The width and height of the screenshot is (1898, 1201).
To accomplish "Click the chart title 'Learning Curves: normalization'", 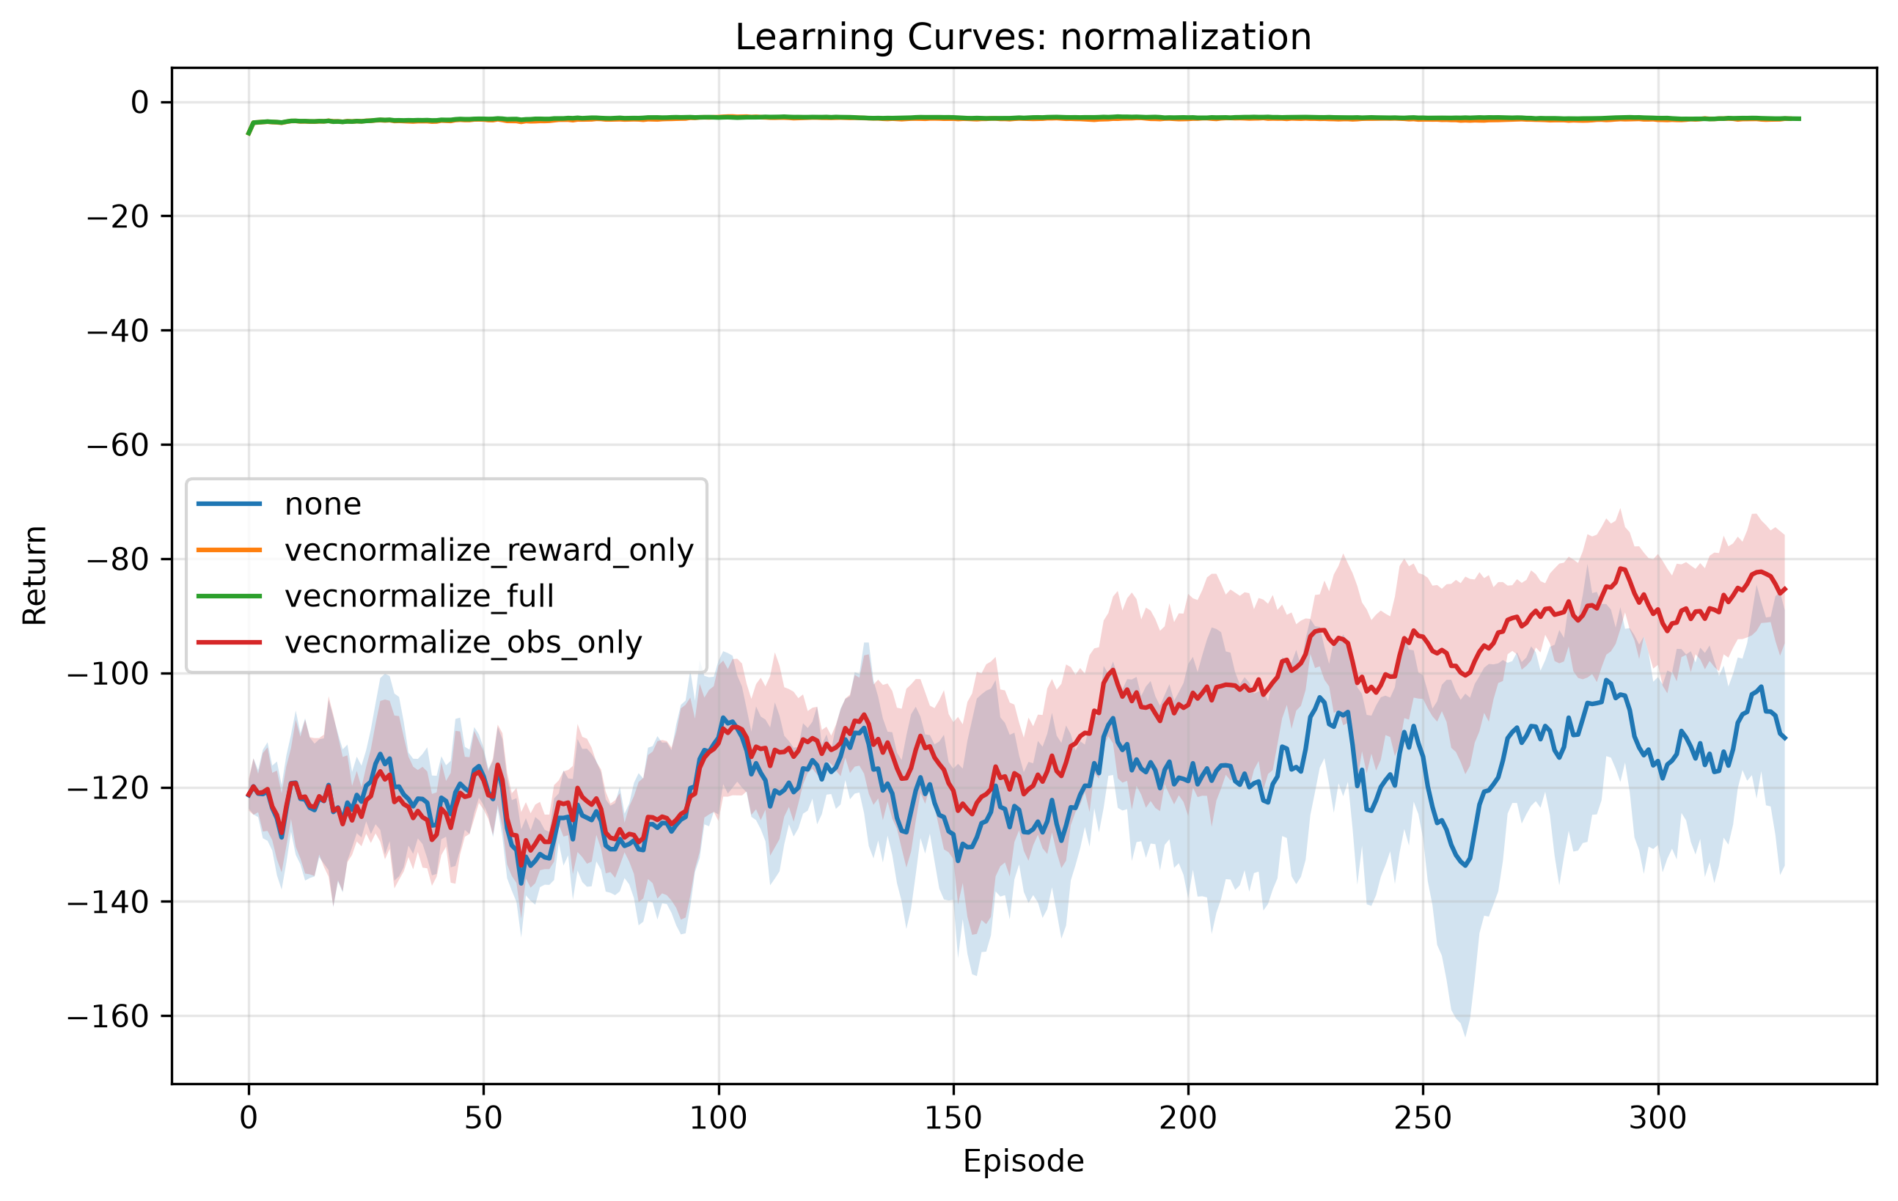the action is click(x=1023, y=37).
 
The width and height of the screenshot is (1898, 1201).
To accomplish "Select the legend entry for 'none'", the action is click(x=323, y=504).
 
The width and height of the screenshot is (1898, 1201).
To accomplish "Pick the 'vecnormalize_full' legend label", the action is click(x=419, y=596).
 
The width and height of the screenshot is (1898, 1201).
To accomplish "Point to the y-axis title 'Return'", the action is click(x=35, y=576).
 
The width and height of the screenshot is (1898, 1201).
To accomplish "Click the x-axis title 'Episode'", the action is click(x=1023, y=1161).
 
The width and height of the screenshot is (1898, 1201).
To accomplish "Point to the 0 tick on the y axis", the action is click(x=139, y=103).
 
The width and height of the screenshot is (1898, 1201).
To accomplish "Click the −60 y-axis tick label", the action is click(x=118, y=445).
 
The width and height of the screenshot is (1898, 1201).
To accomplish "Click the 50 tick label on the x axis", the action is click(x=483, y=1117).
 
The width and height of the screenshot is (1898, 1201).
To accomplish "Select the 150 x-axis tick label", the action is click(x=953, y=1117).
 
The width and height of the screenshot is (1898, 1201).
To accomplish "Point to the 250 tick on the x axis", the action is click(x=1423, y=1117).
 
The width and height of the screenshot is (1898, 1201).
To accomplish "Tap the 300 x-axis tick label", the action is click(x=1657, y=1117).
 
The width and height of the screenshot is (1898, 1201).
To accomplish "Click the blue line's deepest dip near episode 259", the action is click(x=1465, y=865).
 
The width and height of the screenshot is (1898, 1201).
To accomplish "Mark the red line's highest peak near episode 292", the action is click(x=1621, y=568).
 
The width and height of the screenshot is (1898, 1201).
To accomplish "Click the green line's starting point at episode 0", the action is click(x=249, y=134).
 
